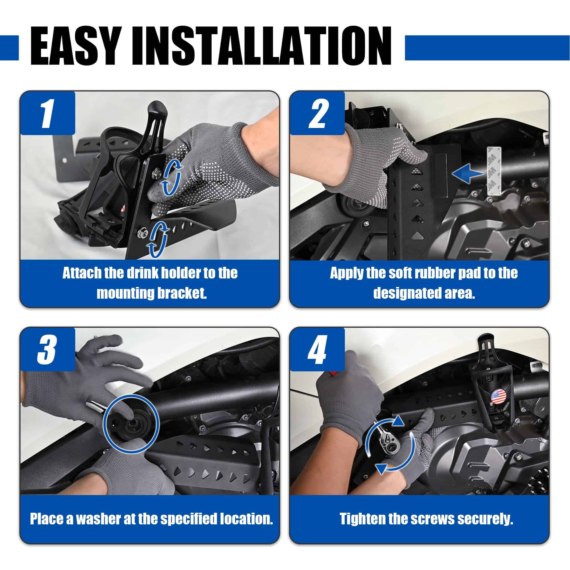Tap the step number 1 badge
pyautogui.click(x=47, y=113)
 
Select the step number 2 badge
pyautogui.click(x=317, y=113)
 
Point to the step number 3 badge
pyautogui.click(x=47, y=350)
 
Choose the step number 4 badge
pyautogui.click(x=317, y=350)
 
